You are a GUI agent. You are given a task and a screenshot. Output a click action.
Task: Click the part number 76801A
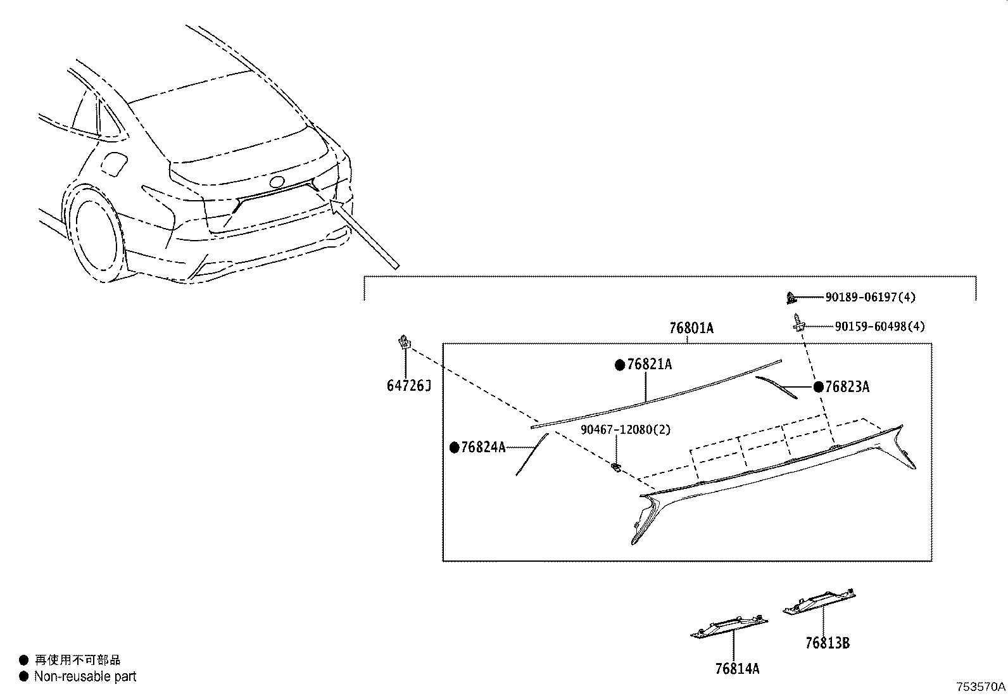pos(691,328)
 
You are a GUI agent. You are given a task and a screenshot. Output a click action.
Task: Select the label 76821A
pos(649,365)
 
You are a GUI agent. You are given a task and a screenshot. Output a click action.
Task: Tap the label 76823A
pos(847,387)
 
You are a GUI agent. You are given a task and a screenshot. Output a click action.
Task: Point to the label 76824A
pos(483,447)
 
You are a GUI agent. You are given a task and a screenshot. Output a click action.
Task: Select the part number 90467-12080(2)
pos(626,429)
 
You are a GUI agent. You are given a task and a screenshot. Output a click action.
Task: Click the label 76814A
pos(737,668)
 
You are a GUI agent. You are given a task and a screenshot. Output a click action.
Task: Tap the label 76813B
pos(827,643)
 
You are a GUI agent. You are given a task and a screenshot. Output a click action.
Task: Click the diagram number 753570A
pos(980,687)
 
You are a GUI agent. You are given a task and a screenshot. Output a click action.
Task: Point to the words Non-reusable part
pos(85,676)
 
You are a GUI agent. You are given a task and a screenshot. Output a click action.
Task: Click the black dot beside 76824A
pos(454,447)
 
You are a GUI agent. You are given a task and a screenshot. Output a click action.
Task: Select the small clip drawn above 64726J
pos(403,343)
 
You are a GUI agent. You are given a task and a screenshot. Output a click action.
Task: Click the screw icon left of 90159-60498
pos(796,324)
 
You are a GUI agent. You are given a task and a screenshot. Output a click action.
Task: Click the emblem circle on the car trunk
pos(277,182)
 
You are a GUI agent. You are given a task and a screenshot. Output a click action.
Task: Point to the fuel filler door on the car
pos(115,164)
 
